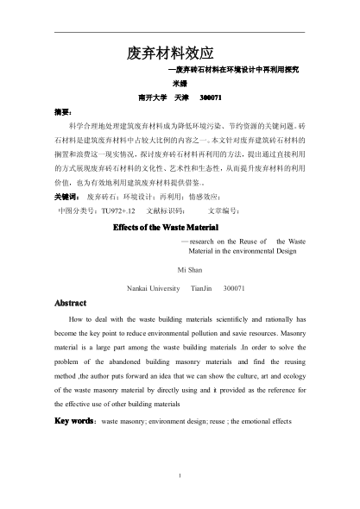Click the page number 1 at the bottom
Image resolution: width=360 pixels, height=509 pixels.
tap(180, 474)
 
